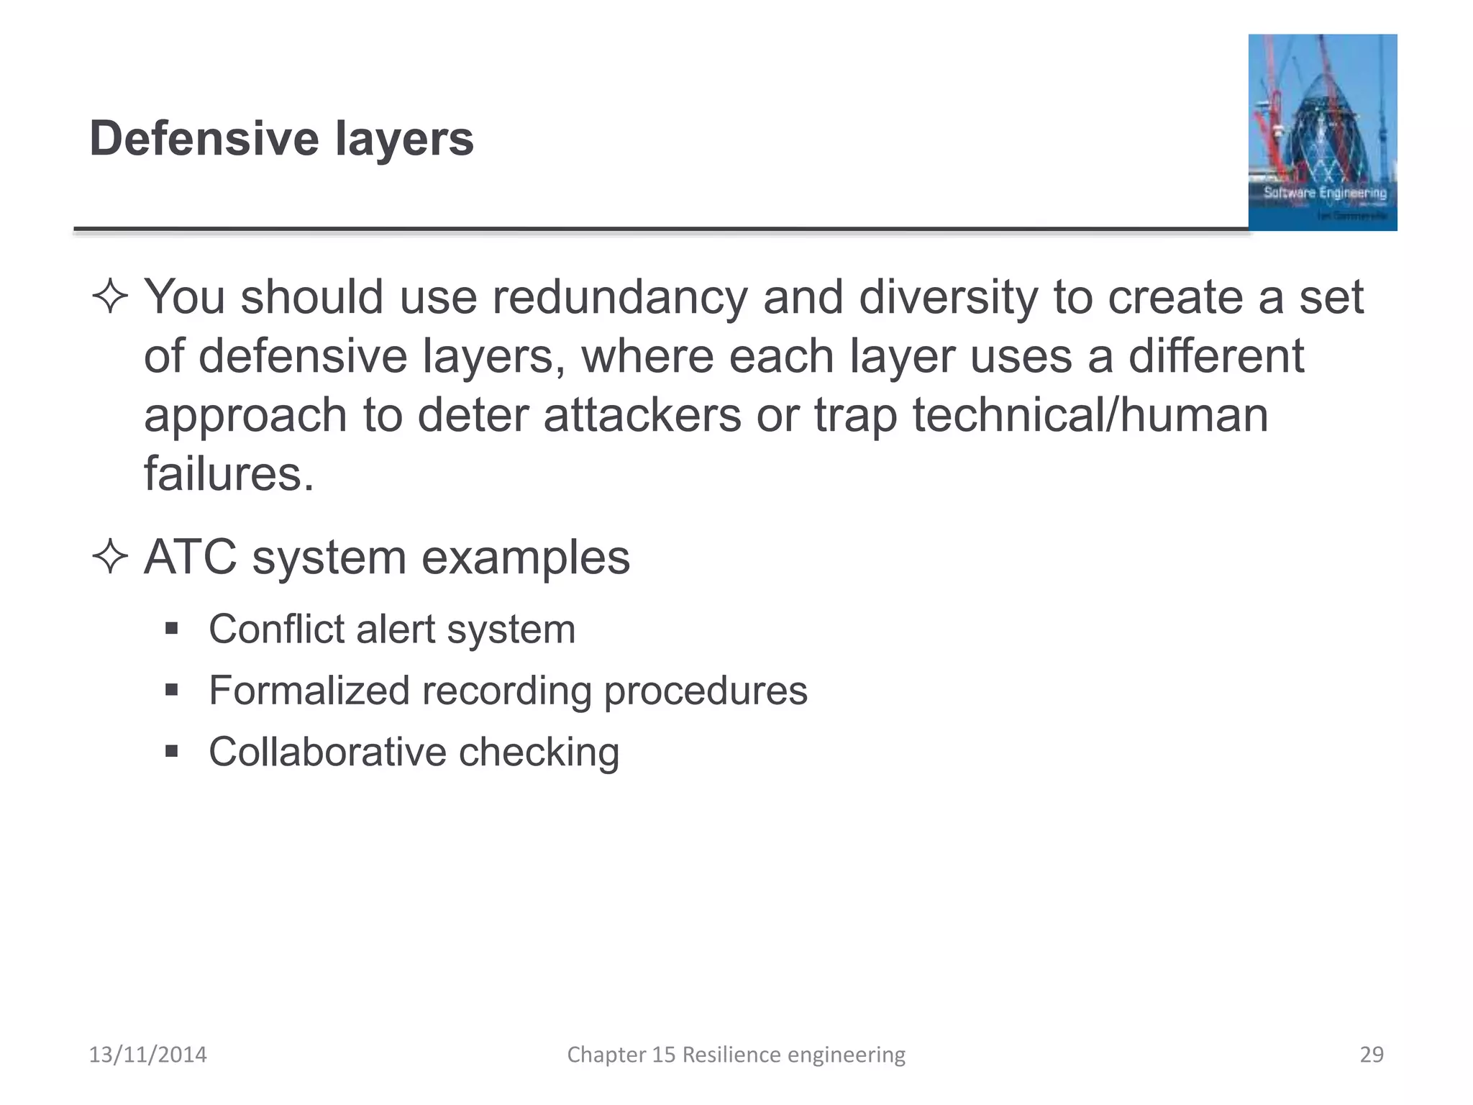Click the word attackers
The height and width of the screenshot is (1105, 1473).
tap(642, 415)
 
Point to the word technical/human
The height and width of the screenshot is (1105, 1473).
tap(1090, 415)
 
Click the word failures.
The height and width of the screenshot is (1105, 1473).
tap(229, 474)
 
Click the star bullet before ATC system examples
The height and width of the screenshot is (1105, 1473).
tap(110, 557)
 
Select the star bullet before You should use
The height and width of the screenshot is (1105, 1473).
tap(110, 296)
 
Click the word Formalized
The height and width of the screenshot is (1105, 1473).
tap(309, 691)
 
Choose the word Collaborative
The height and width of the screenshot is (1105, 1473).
tap(327, 752)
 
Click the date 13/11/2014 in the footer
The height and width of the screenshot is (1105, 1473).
tap(147, 1055)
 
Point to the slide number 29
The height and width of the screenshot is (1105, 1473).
tap(1371, 1055)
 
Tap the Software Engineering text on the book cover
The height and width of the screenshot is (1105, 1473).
tap(1324, 193)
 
